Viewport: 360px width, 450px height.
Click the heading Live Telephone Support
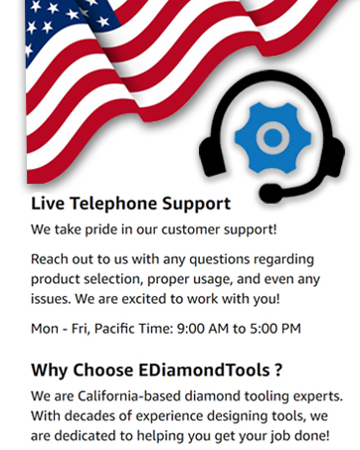tap(130, 204)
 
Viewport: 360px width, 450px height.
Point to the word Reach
tap(51, 260)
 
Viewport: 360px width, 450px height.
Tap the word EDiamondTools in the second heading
tap(199, 371)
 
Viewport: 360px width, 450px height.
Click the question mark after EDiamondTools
tap(278, 371)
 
